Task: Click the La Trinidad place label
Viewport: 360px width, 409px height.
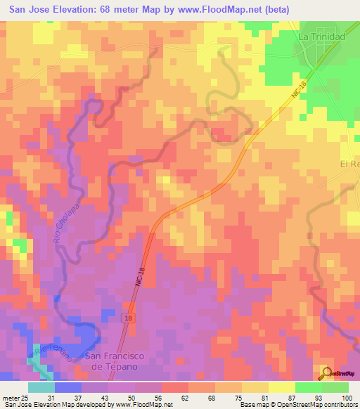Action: coord(321,37)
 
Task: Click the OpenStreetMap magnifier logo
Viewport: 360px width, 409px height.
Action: coord(326,374)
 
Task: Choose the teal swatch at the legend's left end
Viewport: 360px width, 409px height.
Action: coord(41,387)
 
